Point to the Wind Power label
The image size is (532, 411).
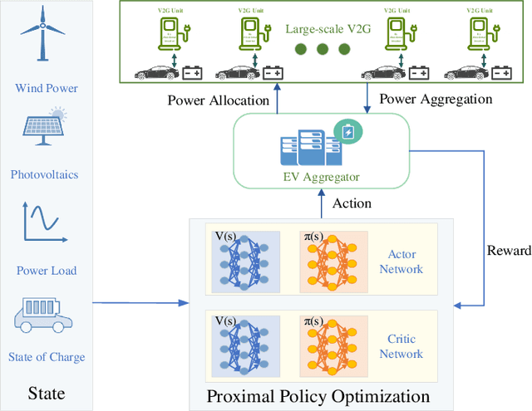[46, 89]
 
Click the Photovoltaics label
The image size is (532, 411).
[46, 175]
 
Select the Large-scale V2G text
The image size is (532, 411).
[326, 29]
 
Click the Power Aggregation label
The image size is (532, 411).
[436, 99]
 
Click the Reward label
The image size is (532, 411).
[509, 251]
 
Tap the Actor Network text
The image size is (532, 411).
[401, 262]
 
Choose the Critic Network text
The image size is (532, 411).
[401, 346]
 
